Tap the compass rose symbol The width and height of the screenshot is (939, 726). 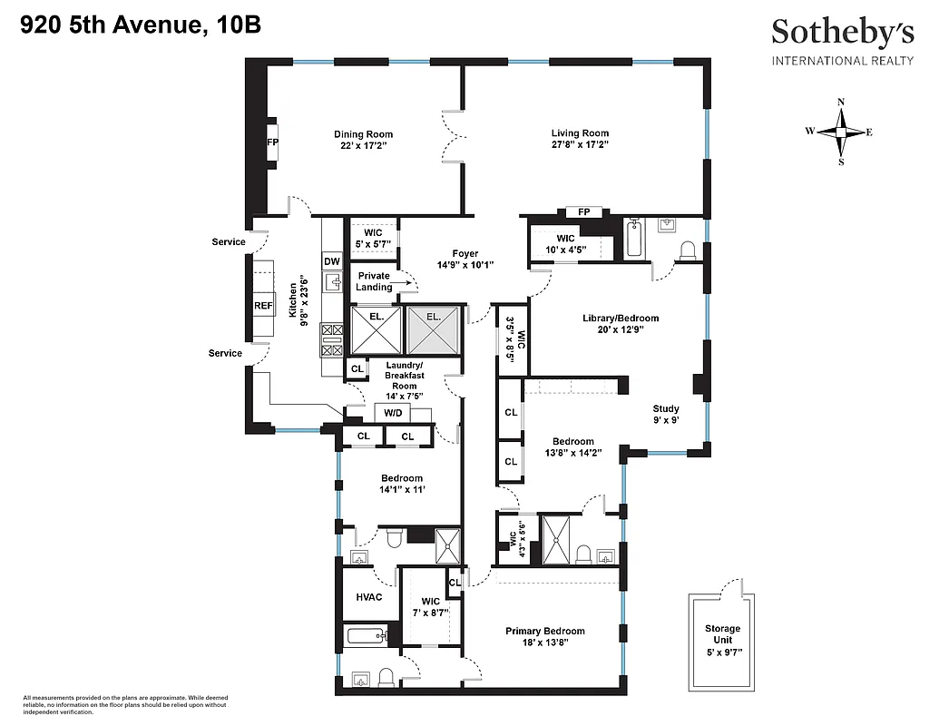841,132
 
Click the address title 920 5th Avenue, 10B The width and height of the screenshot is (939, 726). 141,25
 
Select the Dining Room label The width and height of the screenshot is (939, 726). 363,134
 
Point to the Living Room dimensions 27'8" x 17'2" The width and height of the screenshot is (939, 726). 579,144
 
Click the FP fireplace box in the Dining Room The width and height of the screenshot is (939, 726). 272,142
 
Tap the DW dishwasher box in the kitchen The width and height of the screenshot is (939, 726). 331,261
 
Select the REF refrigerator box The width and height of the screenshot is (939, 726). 263,306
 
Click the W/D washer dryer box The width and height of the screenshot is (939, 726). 393,413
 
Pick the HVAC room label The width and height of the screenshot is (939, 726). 368,596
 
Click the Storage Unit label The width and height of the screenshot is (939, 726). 722,634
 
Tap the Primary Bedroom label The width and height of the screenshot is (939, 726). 544,632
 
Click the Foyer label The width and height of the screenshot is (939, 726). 465,253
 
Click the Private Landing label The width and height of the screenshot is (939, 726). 374,281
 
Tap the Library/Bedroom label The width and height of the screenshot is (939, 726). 620,319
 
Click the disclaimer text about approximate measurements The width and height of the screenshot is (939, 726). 112,703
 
